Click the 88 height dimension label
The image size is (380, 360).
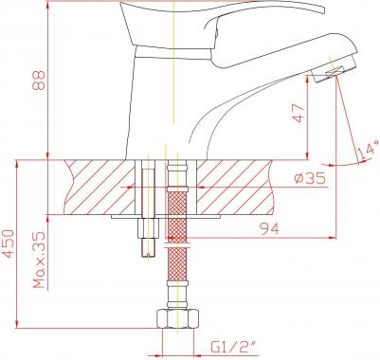point(40,81)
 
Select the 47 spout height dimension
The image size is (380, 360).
point(299,113)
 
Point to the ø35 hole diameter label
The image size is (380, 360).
point(310,179)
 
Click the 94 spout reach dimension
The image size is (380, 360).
point(269,228)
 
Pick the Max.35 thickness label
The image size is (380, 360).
point(40,260)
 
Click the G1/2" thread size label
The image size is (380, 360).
point(234,348)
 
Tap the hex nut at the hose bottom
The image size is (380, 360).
point(178,319)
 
